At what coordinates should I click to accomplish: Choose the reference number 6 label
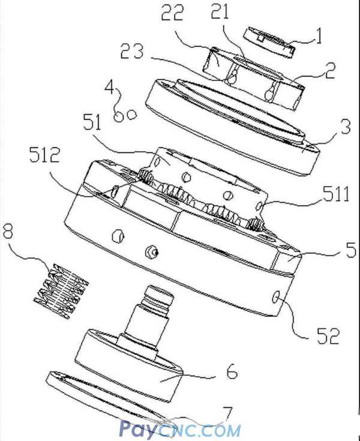coord(231,372)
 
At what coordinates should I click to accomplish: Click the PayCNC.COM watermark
coord(179,430)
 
